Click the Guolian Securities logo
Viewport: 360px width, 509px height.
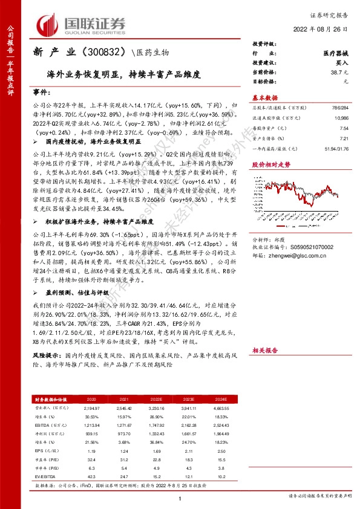(x=82, y=24)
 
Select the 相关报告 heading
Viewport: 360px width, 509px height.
(x=265, y=350)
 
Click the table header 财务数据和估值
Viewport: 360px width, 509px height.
(x=50, y=400)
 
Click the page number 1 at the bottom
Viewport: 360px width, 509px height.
(x=180, y=498)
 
